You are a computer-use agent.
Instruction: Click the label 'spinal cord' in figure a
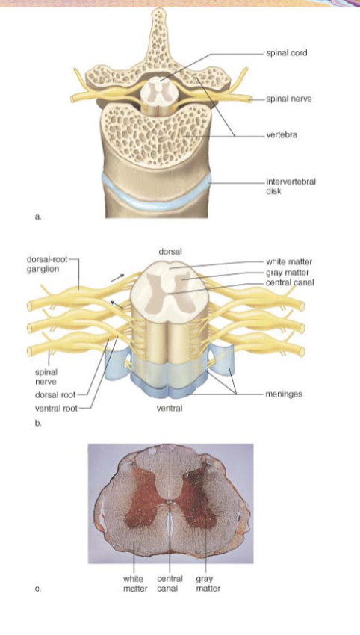coord(286,52)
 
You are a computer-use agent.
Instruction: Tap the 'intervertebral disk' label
coord(291,186)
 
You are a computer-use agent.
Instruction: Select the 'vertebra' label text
coord(282,135)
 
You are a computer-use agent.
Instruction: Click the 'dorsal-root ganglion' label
coord(47,264)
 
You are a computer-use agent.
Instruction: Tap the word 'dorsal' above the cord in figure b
coord(170,252)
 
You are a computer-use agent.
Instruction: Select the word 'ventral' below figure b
coord(170,408)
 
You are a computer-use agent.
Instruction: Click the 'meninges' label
coord(284,394)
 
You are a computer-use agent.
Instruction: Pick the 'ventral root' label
coord(56,408)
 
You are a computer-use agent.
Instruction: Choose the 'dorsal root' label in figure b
coord(55,395)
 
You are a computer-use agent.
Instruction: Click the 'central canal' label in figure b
coord(290,282)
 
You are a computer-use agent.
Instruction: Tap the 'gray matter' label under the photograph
coord(208,583)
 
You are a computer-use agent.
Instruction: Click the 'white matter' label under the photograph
coord(135,583)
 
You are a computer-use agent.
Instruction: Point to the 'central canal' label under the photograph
coord(170,583)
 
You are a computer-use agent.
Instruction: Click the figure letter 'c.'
coord(37,589)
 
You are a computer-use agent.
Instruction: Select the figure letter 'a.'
coord(38,217)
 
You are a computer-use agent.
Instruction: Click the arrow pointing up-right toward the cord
coord(117,277)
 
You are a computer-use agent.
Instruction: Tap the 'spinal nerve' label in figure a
coord(289,99)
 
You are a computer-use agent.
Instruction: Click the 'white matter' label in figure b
coord(289,262)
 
